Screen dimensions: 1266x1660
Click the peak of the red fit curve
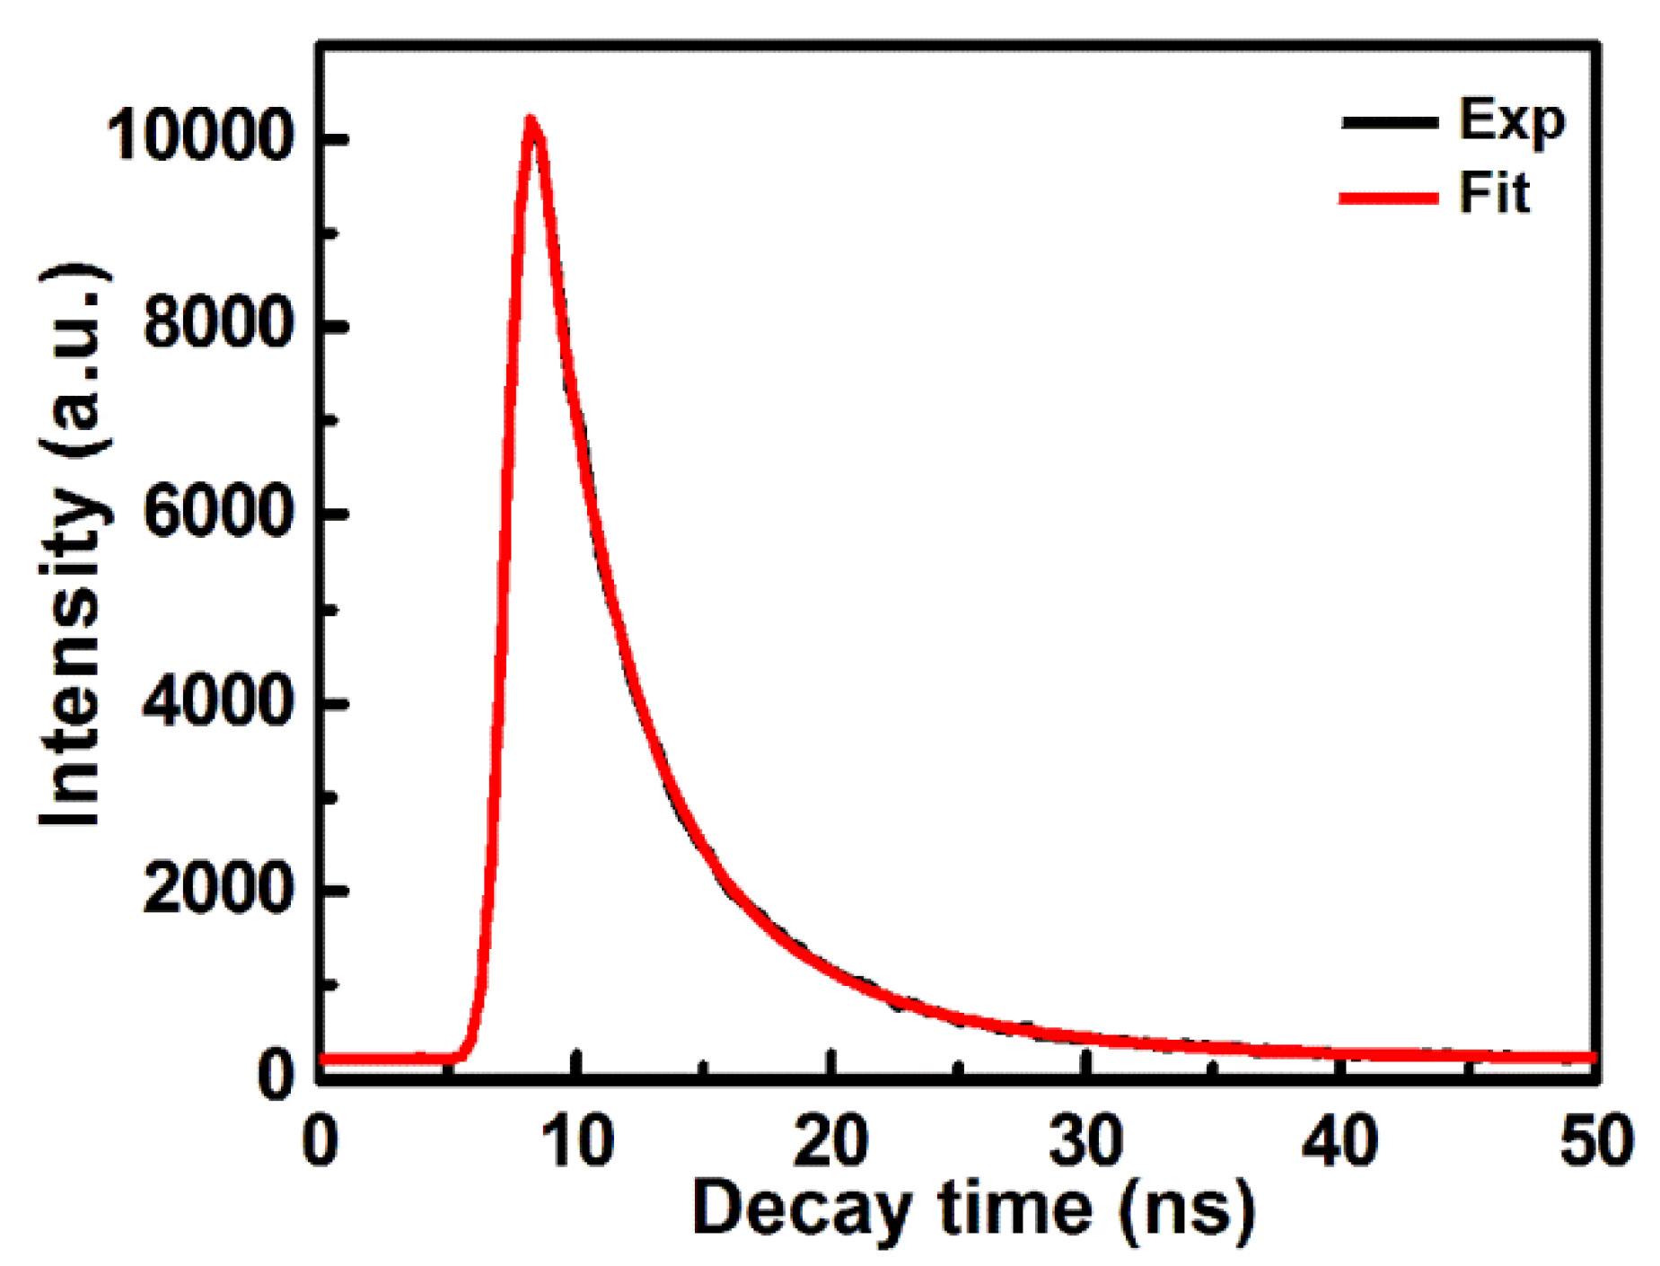point(531,121)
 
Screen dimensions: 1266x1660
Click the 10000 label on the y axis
point(199,137)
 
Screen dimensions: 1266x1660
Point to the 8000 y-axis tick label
point(218,324)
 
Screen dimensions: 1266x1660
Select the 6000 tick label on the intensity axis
point(218,513)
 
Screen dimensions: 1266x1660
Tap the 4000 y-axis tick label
point(218,701)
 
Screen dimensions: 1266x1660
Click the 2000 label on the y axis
point(218,889)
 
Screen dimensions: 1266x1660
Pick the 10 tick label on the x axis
point(577,1140)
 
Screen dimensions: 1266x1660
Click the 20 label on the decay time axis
point(831,1140)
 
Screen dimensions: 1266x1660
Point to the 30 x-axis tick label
point(1085,1140)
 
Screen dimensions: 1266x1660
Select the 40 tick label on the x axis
point(1339,1140)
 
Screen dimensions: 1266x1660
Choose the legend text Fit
point(1494,193)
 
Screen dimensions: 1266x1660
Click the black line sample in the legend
point(1389,123)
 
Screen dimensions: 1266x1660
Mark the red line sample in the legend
point(1389,198)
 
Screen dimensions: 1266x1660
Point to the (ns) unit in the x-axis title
point(1186,1211)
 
